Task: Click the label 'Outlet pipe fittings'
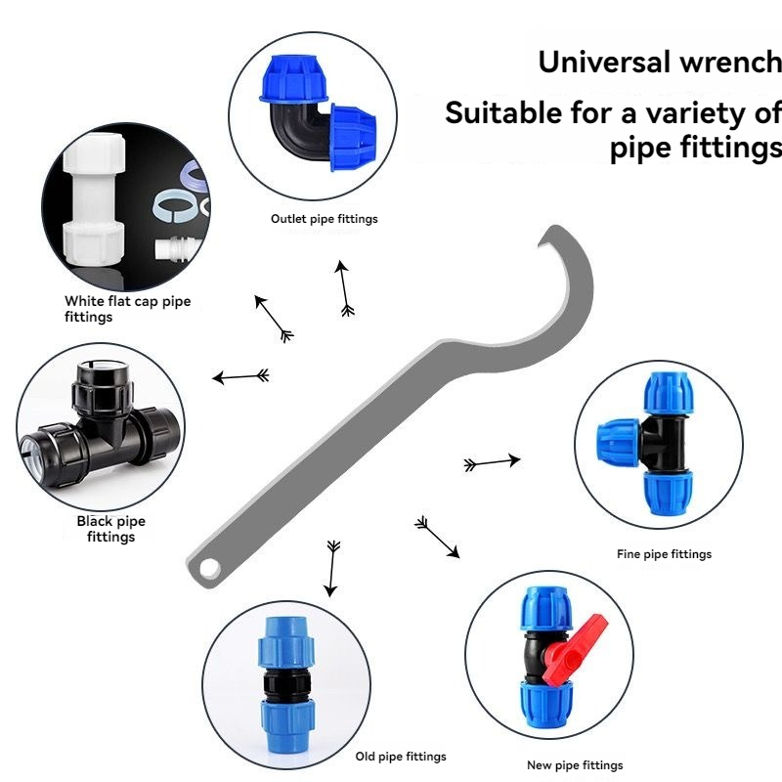tap(324, 219)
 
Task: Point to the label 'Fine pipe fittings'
tap(664, 554)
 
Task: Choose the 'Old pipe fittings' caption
tap(401, 757)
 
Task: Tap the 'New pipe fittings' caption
tap(575, 765)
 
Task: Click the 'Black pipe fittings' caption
tap(110, 529)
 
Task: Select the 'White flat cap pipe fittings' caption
tap(127, 309)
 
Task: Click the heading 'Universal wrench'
tap(660, 63)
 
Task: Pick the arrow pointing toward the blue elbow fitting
tap(344, 288)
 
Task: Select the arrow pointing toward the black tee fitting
tap(241, 376)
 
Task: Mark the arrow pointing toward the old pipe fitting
tap(332, 568)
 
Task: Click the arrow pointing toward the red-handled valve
tap(437, 538)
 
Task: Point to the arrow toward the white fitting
tap(274, 318)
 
